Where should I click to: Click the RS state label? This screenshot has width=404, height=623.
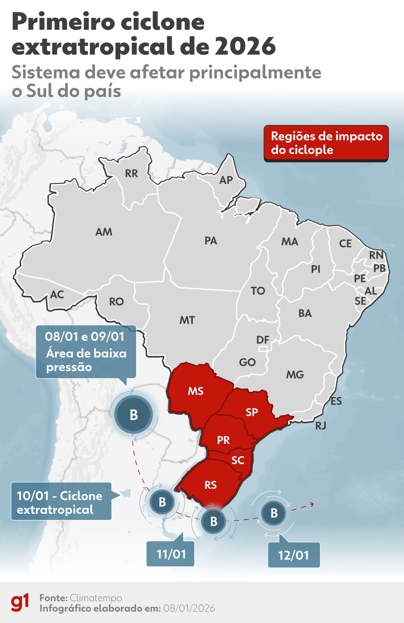[x=210, y=485]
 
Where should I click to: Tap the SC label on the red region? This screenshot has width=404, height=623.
[x=238, y=460]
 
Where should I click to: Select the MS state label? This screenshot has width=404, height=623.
[x=196, y=391]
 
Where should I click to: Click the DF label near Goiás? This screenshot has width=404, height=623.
[x=263, y=340]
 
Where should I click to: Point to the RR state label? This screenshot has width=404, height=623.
[x=132, y=173]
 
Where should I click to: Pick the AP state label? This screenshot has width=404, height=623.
[x=226, y=180]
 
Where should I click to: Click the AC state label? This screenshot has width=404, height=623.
[x=57, y=295]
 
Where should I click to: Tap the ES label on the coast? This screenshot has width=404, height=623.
[x=336, y=401]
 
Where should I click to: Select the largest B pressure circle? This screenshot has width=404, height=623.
[x=134, y=415]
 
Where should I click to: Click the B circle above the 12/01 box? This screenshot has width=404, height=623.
[x=274, y=513]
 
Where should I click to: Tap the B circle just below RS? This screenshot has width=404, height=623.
[x=214, y=521]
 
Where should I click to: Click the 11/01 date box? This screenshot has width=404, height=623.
[x=171, y=554]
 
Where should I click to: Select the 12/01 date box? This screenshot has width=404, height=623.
[x=294, y=555]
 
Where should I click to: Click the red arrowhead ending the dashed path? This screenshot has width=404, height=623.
[x=312, y=504]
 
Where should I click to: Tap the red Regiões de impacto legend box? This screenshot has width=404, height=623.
[x=326, y=143]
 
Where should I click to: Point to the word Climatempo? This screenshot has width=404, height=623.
[x=96, y=598]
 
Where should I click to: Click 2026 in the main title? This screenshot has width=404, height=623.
[x=245, y=46]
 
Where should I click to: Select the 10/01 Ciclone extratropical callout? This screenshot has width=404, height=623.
[x=61, y=502]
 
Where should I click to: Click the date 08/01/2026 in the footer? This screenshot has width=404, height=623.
[x=189, y=608]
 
